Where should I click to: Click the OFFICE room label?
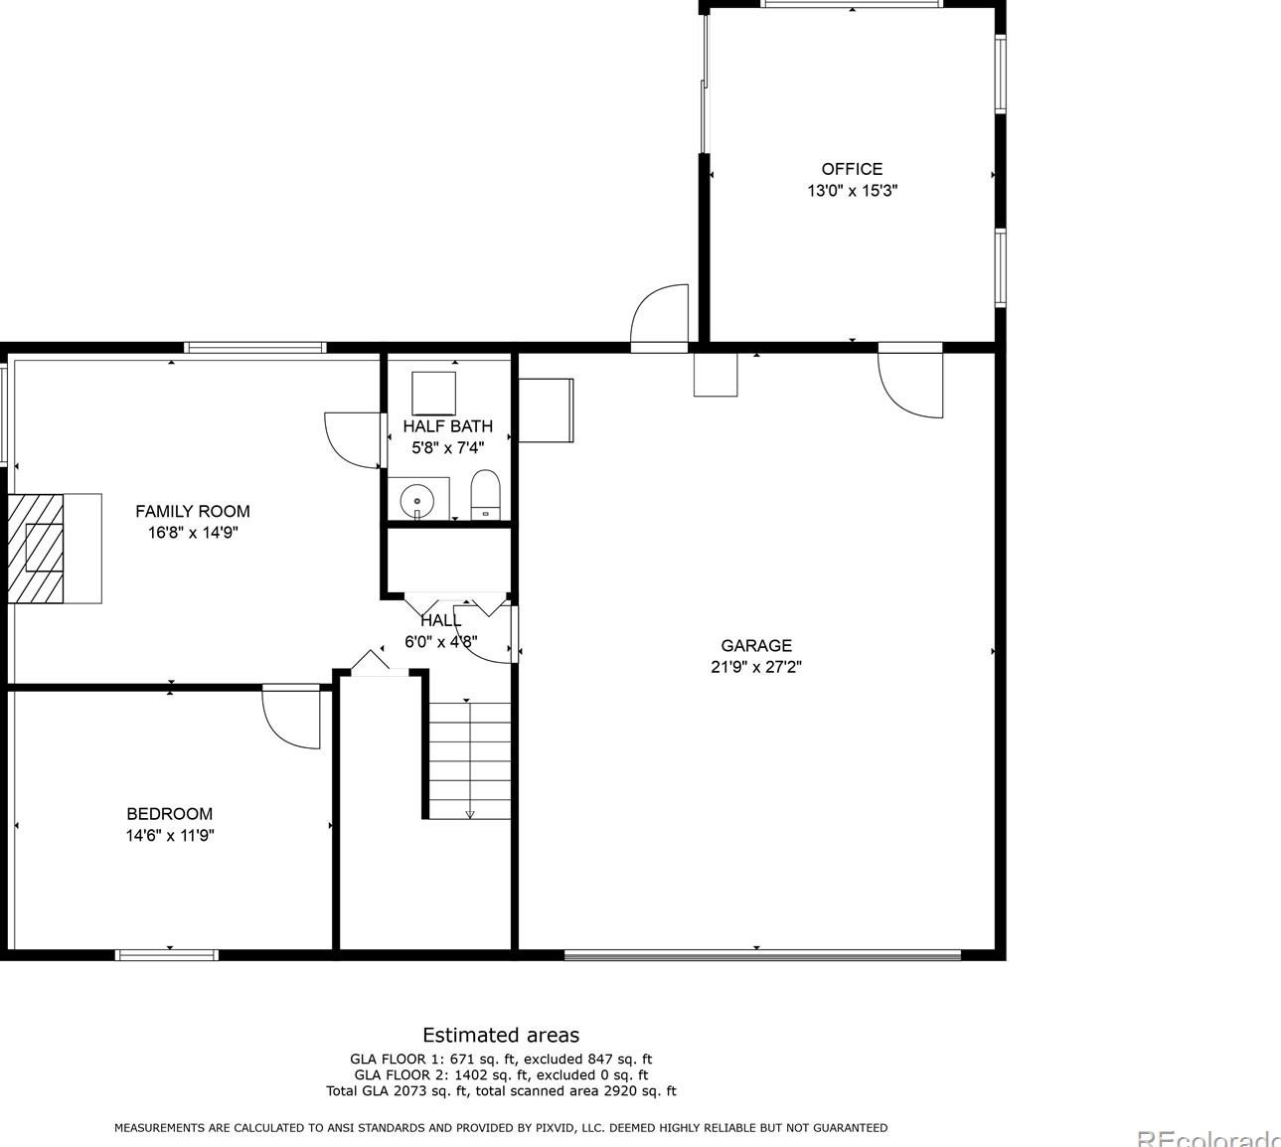(x=851, y=169)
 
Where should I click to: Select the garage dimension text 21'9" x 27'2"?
(x=756, y=667)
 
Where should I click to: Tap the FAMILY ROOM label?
(x=193, y=511)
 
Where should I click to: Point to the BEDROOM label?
(x=169, y=813)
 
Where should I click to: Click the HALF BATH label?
(x=447, y=426)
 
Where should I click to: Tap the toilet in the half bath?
(x=484, y=495)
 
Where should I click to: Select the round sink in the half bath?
(x=417, y=498)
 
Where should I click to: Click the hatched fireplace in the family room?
(x=37, y=548)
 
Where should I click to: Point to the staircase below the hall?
(x=470, y=760)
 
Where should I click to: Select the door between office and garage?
(x=909, y=383)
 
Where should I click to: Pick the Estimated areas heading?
(x=501, y=1035)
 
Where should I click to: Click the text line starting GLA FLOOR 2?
(x=501, y=1074)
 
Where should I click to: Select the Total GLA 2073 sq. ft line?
(x=501, y=1090)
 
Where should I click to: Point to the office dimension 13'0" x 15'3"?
(x=852, y=191)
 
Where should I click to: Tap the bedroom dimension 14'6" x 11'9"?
(x=169, y=836)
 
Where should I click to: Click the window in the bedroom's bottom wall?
(x=167, y=955)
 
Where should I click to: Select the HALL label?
(x=440, y=620)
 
